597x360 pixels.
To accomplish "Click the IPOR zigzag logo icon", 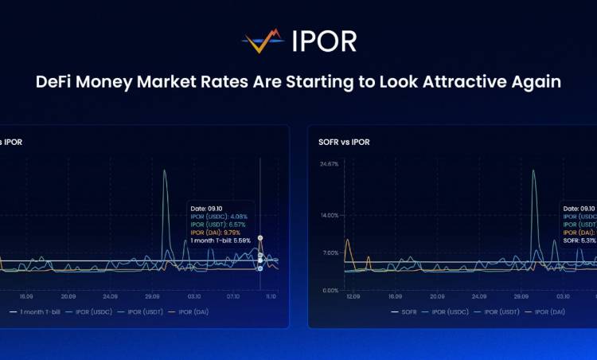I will [263, 41].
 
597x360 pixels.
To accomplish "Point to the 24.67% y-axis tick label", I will [329, 164].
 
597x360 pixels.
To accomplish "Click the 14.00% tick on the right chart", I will [329, 215].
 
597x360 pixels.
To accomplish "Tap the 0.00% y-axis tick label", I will [330, 290].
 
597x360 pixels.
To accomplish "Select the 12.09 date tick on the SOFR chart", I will [355, 296].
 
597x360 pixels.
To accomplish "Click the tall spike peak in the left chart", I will [165, 170].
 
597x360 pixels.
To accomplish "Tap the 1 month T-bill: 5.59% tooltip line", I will [220, 240].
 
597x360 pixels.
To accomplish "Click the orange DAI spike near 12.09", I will [347, 241].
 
